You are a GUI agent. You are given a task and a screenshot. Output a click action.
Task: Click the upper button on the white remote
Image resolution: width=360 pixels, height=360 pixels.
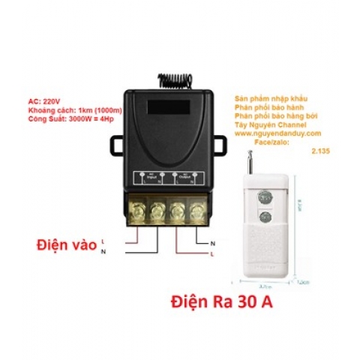click(264, 198)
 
